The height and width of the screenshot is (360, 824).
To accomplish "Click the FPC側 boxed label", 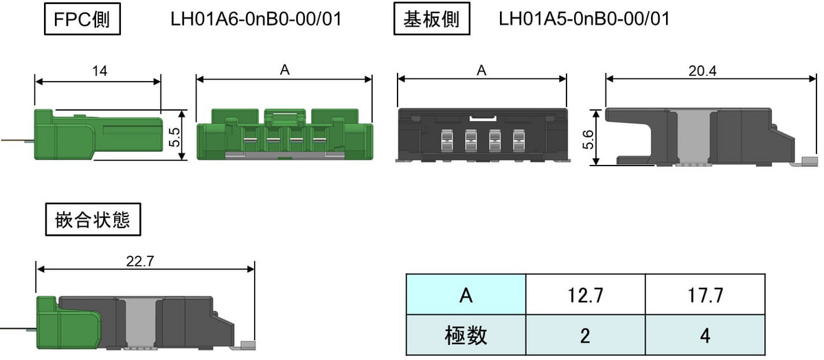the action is point(82,19).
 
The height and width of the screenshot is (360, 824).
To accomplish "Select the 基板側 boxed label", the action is point(431,19).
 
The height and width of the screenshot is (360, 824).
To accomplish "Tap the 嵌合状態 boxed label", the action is point(93,219).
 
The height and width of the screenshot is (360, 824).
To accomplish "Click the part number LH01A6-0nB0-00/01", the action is point(256,19).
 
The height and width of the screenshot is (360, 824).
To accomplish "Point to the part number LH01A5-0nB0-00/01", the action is point(584,19).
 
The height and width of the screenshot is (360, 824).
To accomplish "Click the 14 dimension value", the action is point(100,71).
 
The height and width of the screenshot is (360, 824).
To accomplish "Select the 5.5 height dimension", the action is point(174,137).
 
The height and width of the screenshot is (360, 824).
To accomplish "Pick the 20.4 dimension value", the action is point(702,71).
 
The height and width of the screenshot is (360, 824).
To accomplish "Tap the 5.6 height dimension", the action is point(588,139).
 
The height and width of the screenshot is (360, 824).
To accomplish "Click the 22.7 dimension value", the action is point(140,261).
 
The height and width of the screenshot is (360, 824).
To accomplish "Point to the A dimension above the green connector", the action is point(285,70).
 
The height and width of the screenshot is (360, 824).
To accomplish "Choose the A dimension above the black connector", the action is point(481,70).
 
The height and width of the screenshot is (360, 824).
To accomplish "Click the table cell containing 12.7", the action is point(586,295).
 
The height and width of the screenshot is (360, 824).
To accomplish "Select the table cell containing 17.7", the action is point(706,295).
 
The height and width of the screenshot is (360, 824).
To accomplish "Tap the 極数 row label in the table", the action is point(466,335).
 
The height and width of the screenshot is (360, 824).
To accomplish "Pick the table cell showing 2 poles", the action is point(586,335).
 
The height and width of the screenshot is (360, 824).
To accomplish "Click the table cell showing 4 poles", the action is point(706,335).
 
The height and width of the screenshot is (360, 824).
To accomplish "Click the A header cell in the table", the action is point(466,295).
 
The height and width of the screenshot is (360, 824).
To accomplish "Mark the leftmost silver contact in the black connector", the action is point(447,141).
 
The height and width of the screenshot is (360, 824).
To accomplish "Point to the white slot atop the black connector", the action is point(483,119).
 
